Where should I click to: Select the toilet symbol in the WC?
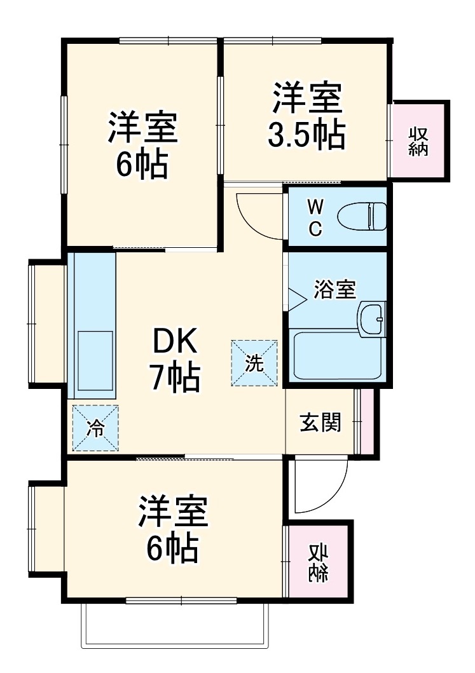361,215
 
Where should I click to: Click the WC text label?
315,217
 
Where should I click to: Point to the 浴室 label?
334,290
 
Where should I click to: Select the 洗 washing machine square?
254,363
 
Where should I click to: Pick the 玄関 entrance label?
321,422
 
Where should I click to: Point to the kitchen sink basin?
95,359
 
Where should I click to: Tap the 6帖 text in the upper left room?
142,164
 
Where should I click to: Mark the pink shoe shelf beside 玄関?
366,421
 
